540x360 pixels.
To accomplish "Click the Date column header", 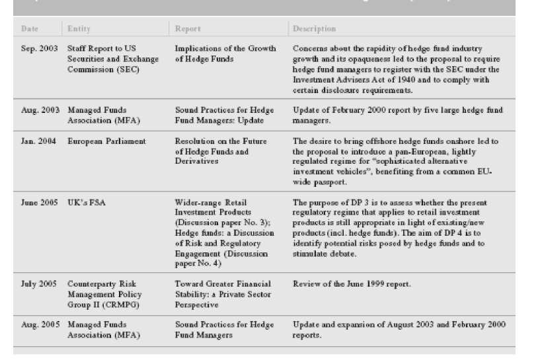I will coord(30,29).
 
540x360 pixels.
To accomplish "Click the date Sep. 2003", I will coord(38,49).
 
